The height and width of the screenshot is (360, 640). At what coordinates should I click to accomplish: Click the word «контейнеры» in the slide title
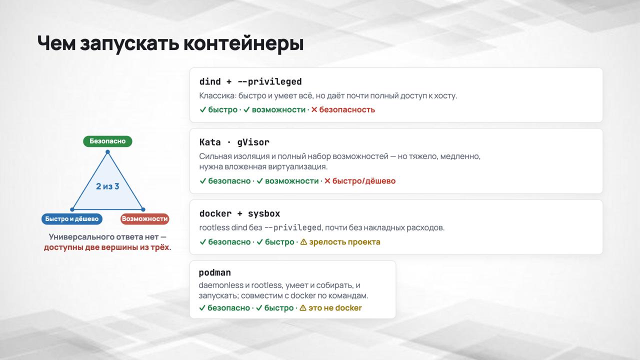tap(243, 43)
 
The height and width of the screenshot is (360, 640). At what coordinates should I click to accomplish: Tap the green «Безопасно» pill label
tap(107, 141)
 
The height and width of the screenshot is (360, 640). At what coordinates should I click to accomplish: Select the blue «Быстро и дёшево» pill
tap(72, 219)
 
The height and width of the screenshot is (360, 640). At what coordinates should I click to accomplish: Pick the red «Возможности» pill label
tap(144, 219)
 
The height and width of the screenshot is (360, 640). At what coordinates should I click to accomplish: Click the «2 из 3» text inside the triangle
tap(107, 186)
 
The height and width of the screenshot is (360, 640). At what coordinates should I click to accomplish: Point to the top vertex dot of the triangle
tap(107, 152)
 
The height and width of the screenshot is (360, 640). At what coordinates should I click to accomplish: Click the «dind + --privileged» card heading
tap(250, 81)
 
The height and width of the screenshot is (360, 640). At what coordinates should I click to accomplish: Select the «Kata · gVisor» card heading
tap(234, 142)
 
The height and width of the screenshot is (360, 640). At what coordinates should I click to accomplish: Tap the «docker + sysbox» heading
tap(239, 213)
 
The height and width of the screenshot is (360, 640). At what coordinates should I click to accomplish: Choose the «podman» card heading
tap(215, 273)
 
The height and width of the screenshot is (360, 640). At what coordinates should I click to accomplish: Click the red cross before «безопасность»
tap(314, 109)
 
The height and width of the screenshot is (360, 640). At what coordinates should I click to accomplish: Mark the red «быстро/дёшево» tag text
tap(364, 181)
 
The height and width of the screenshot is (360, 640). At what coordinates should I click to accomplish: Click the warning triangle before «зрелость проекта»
tap(303, 242)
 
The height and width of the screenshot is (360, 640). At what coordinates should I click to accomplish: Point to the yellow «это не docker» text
tap(335, 308)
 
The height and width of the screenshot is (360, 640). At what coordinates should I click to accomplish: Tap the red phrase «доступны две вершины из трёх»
tap(107, 247)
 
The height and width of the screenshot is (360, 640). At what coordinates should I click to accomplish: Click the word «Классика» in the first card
tap(217, 95)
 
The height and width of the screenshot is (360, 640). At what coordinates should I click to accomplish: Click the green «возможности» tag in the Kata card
tap(291, 181)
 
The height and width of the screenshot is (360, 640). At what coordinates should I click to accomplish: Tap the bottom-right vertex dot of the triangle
tap(143, 209)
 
